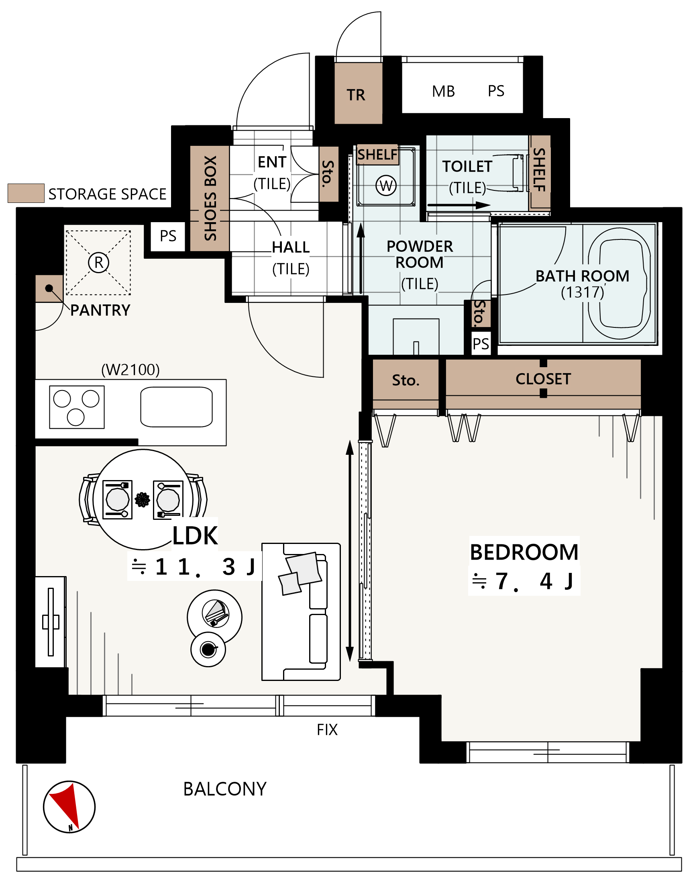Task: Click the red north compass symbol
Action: point(69,807)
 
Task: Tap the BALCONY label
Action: point(224,789)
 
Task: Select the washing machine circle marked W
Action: point(386,186)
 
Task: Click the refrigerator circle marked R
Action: point(98,263)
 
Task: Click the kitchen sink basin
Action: point(176,407)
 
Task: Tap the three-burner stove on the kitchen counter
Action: point(77,407)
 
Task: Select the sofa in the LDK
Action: point(301,611)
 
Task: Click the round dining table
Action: point(143,499)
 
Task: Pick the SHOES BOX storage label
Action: point(210,198)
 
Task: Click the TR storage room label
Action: point(356,95)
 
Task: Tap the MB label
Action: point(444,92)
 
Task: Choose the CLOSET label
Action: point(543,379)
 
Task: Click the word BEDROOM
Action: point(524,552)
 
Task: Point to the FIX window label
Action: point(327,730)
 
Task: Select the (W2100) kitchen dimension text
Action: point(130,370)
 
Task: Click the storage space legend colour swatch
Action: point(26,193)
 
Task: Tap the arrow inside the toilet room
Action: point(459,205)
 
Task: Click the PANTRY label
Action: point(100,310)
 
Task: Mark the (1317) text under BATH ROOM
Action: point(582,292)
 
